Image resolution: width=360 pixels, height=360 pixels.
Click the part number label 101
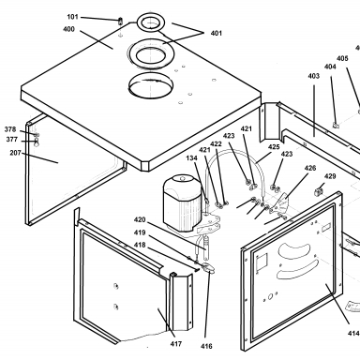72,17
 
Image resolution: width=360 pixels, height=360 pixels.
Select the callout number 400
68,29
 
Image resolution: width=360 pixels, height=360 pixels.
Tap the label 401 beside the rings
217,33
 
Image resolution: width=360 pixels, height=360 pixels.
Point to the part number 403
314,76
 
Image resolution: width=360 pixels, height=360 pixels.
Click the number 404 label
330,67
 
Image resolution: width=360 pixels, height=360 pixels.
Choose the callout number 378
10,129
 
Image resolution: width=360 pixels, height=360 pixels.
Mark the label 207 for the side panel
15,153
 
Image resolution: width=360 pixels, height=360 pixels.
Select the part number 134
192,158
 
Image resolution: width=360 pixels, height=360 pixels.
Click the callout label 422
216,144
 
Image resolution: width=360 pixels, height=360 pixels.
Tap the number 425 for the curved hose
274,147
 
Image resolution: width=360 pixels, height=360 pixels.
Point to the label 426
310,168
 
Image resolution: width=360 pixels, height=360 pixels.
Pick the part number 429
330,176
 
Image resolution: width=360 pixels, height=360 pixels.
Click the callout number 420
140,220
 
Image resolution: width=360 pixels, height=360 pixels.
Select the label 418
140,245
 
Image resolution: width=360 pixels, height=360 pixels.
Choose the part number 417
176,344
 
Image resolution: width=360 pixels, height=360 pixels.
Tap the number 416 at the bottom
206,346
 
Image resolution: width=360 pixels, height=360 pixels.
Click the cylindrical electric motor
183,203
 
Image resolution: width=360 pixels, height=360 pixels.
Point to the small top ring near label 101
151,22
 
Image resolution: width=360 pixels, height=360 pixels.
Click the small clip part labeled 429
319,191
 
